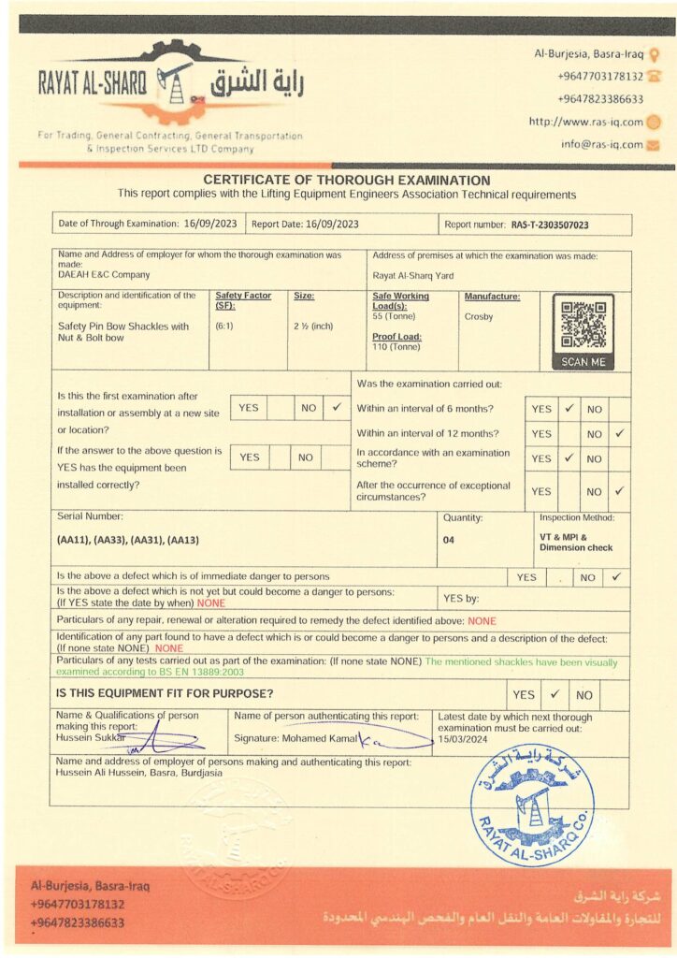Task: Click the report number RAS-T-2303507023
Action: click(x=550, y=225)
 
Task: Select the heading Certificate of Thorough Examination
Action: click(x=346, y=181)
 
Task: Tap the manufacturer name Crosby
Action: click(x=479, y=316)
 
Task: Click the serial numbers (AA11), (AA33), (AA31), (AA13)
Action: click(x=128, y=540)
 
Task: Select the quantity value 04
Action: click(x=449, y=540)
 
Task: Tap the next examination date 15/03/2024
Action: click(x=463, y=739)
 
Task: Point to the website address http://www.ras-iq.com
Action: click(x=585, y=122)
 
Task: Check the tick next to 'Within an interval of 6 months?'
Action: click(x=568, y=409)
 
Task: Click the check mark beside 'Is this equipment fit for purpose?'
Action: click(x=554, y=694)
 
